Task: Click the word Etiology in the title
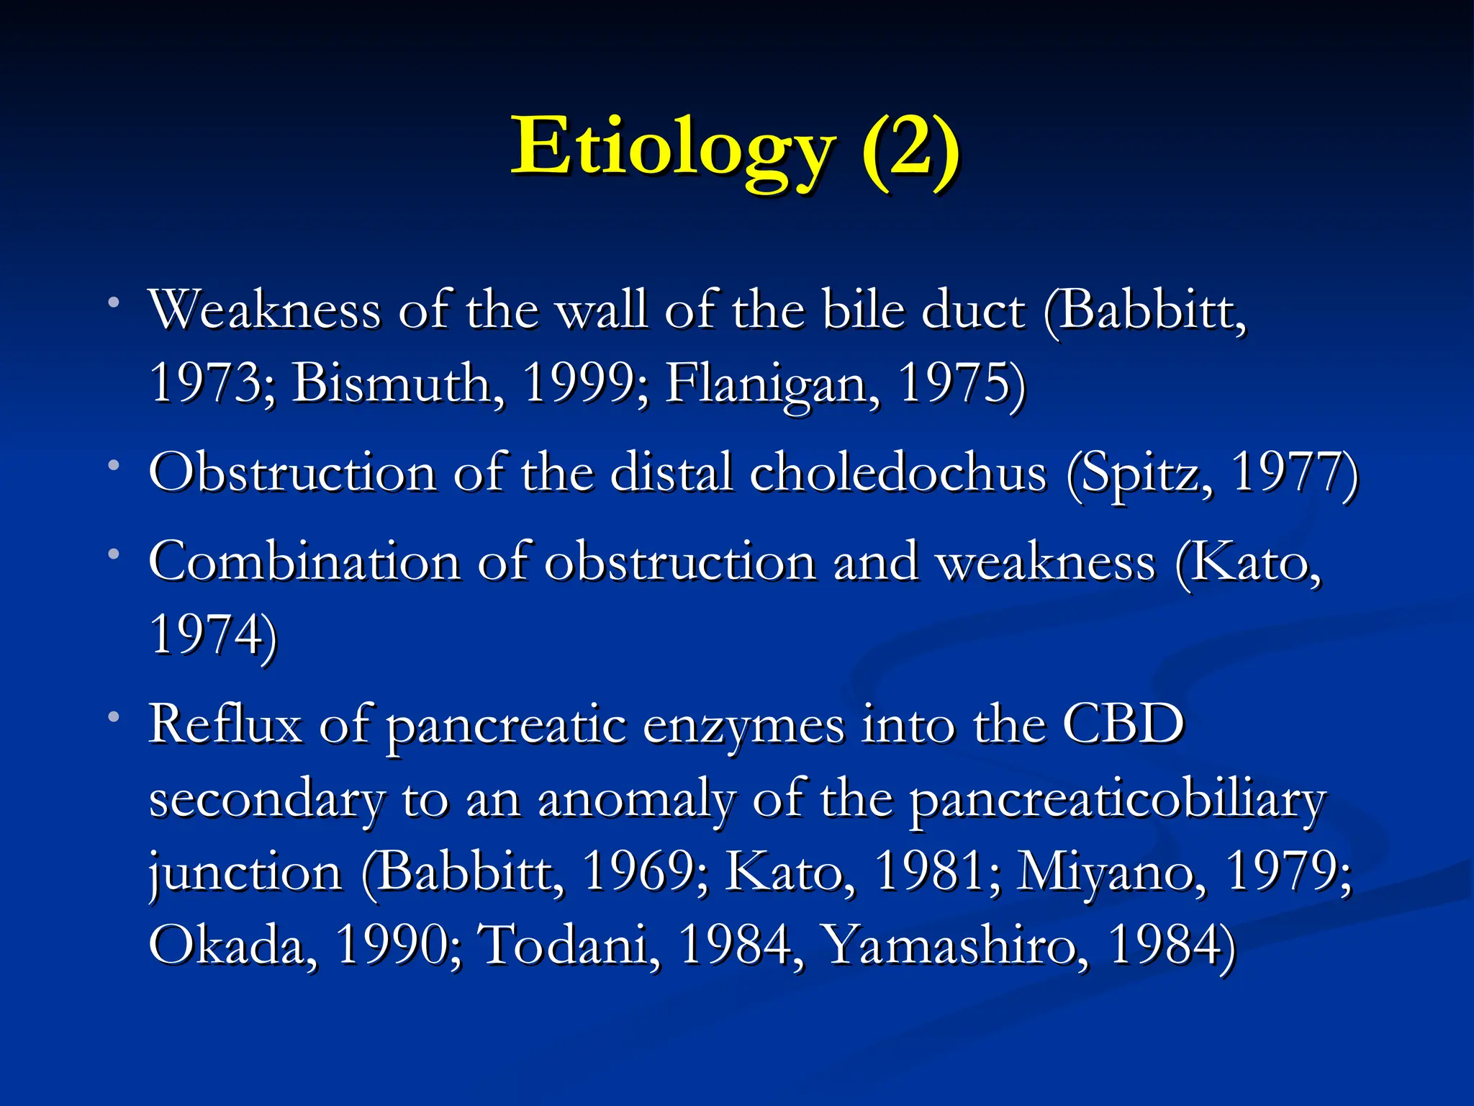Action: (673, 148)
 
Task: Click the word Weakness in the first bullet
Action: (264, 310)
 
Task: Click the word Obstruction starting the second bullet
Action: (292, 473)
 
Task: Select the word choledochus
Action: (897, 473)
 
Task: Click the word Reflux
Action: (225, 724)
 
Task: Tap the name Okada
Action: (232, 945)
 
